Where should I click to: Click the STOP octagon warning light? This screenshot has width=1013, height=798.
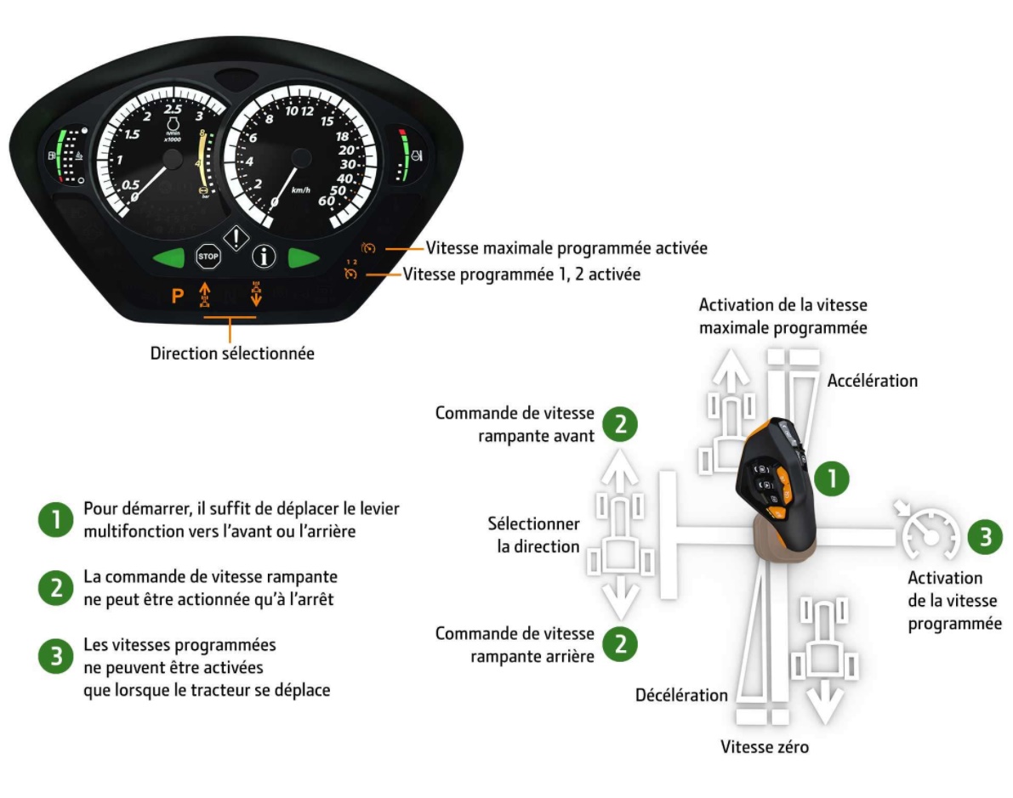tap(208, 256)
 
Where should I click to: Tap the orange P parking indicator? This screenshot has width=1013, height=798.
tap(178, 297)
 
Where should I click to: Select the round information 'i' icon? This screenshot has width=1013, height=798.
tap(265, 256)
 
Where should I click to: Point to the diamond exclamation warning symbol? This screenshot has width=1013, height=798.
tap(236, 238)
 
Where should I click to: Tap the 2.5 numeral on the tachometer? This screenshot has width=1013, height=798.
tap(173, 110)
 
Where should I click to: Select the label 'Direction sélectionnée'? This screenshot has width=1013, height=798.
tap(232, 353)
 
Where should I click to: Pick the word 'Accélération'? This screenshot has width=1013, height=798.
tap(873, 380)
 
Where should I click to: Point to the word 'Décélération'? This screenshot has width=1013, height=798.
tap(681, 695)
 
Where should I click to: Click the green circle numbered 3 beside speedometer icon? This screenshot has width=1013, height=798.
tap(985, 537)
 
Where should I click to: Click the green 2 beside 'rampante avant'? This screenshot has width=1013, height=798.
tap(621, 426)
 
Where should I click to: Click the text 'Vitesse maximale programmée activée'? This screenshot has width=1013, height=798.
tap(566, 248)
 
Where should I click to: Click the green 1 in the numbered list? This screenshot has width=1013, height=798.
tap(54, 519)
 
